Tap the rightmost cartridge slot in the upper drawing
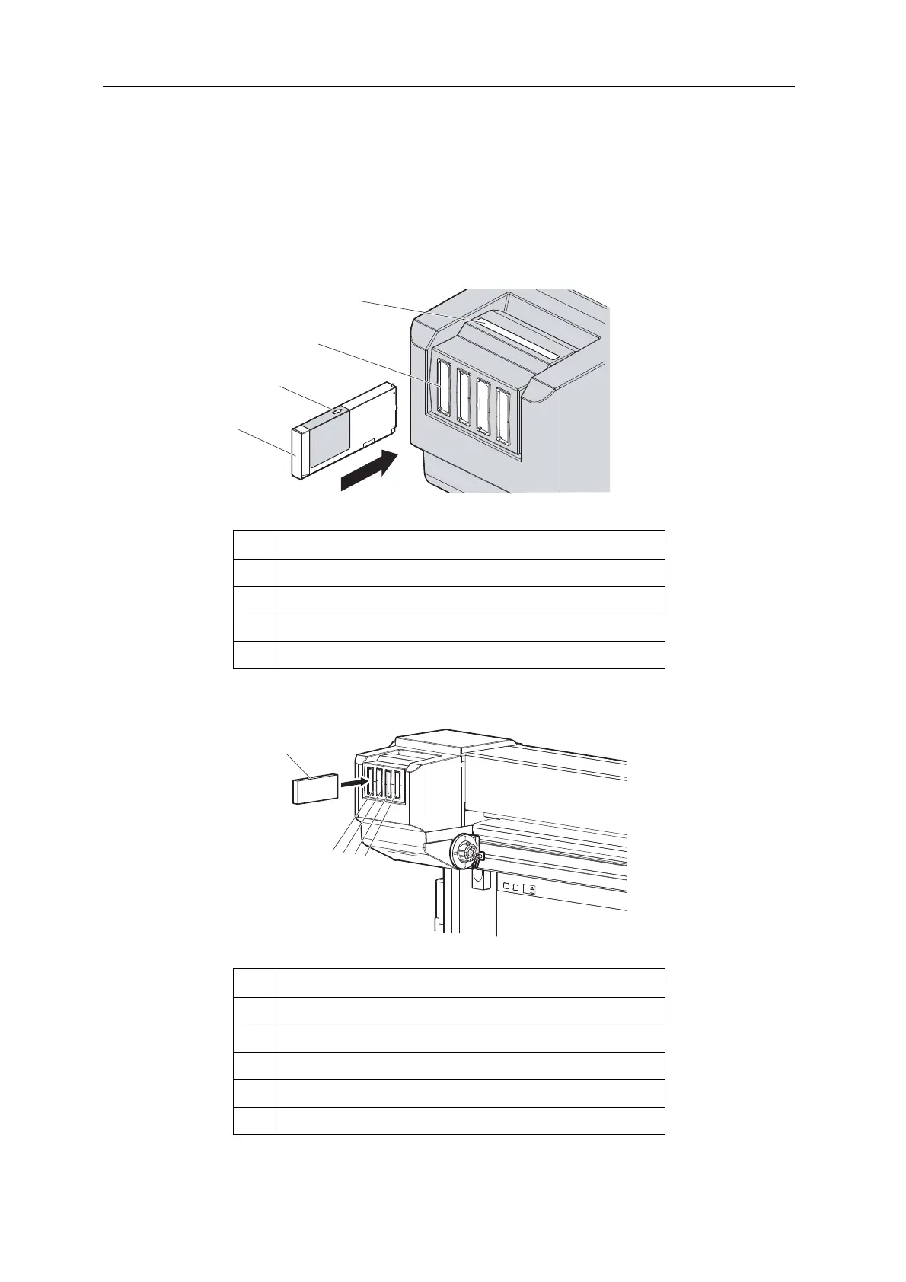point(502,416)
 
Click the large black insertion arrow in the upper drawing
point(370,470)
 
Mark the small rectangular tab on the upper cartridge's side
point(368,441)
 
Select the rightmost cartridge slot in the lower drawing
point(397,787)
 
